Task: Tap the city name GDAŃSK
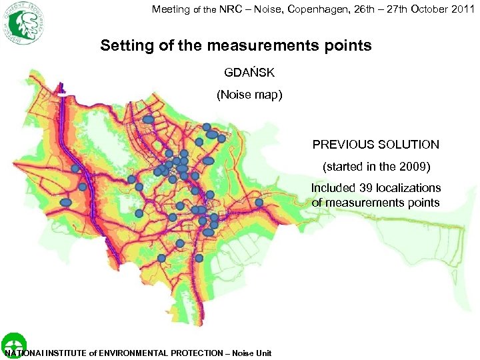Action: tap(249, 72)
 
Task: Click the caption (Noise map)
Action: tap(249, 95)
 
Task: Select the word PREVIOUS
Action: tap(343, 144)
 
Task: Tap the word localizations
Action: tap(409, 188)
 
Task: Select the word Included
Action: tap(333, 188)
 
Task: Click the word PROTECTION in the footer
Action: tap(200, 353)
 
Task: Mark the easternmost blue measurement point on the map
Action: tap(259, 202)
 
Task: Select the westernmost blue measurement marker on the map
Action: tap(66, 202)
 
